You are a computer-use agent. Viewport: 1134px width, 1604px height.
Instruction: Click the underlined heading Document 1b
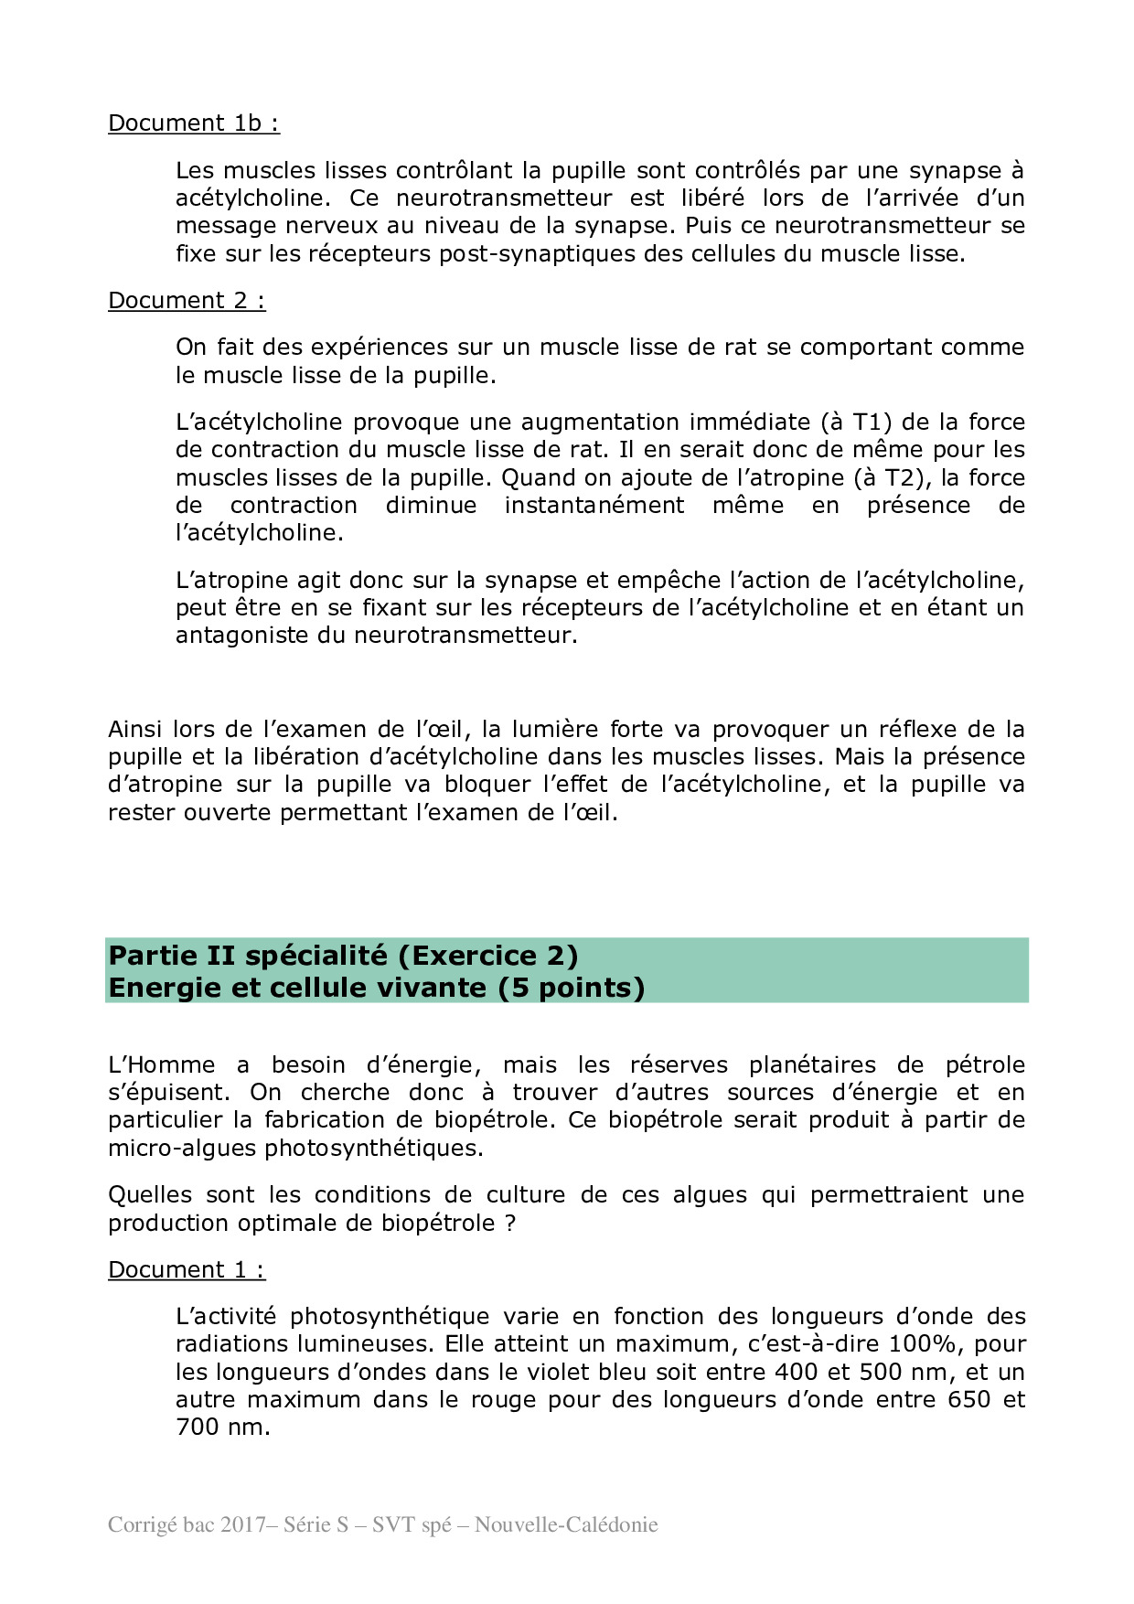click(x=193, y=123)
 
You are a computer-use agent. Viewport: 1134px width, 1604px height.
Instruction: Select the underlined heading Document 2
click(x=187, y=301)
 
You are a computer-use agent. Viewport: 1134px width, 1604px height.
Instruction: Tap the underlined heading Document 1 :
click(x=187, y=1270)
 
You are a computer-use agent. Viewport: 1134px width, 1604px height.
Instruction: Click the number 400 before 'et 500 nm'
click(x=797, y=1373)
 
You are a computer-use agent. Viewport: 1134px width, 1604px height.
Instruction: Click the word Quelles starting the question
click(x=150, y=1195)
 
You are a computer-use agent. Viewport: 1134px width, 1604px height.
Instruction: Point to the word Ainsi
click(x=136, y=730)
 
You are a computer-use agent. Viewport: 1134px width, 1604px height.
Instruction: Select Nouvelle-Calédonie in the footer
click(x=566, y=1525)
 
